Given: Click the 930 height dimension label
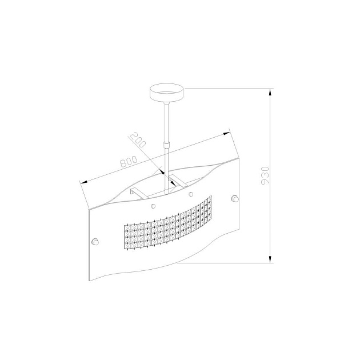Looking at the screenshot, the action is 265,175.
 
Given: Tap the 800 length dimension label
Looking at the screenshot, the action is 129,161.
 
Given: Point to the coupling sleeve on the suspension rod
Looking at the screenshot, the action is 166,145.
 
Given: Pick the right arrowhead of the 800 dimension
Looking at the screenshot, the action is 226,133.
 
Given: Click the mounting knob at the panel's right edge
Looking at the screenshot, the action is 235,198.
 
